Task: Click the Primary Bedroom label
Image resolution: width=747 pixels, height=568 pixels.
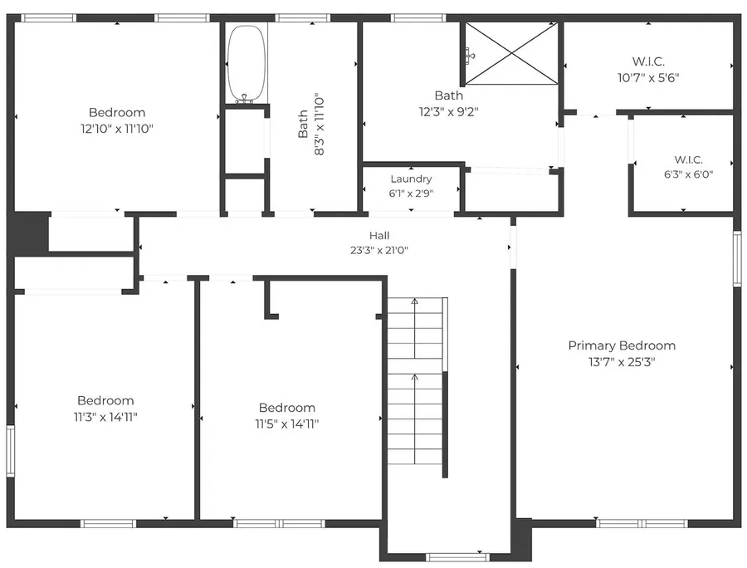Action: tap(622, 345)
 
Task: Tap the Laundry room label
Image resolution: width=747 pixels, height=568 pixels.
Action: tap(411, 179)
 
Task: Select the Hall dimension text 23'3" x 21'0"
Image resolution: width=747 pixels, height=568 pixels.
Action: tap(379, 250)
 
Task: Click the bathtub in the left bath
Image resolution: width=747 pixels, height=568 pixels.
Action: tap(246, 63)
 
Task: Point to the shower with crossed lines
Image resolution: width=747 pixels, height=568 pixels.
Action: tap(511, 54)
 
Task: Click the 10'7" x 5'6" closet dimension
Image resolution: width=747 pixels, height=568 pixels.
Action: tap(648, 78)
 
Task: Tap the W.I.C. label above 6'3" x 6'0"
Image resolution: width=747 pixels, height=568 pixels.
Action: tap(688, 159)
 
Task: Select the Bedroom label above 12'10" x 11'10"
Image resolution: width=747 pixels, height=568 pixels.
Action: tap(117, 112)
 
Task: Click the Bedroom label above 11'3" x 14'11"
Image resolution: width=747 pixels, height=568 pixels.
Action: tap(105, 400)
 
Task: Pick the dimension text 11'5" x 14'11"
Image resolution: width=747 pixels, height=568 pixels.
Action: tap(287, 424)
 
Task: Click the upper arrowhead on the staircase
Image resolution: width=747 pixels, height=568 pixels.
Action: tap(414, 301)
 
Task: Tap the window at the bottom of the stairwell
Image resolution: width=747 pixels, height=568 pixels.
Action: tap(457, 556)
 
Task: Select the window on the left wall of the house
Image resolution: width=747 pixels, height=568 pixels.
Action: tap(10, 450)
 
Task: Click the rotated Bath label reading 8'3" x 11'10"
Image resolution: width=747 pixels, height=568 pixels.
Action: tap(311, 125)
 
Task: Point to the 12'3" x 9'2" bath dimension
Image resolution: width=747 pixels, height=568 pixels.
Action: tap(449, 112)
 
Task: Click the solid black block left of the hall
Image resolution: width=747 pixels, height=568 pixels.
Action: tap(29, 232)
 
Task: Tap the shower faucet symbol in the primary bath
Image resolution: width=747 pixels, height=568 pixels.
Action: tap(471, 56)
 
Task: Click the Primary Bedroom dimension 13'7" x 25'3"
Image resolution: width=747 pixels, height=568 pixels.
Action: tap(622, 362)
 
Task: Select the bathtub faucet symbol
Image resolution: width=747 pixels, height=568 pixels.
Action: tap(244, 99)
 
